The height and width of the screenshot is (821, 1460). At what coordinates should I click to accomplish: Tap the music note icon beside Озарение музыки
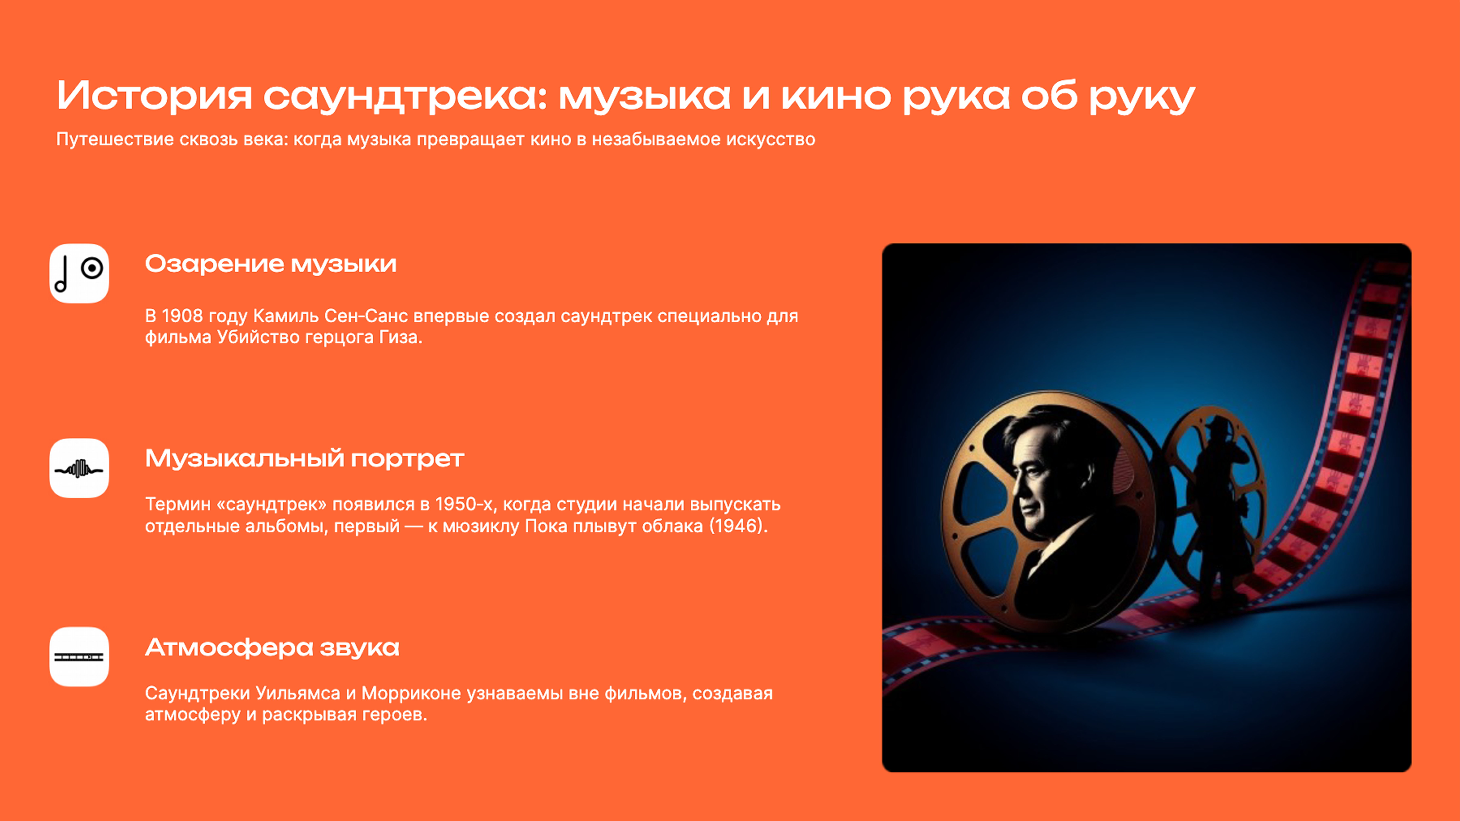(x=79, y=274)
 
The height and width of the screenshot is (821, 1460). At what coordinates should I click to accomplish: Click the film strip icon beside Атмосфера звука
(x=79, y=657)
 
